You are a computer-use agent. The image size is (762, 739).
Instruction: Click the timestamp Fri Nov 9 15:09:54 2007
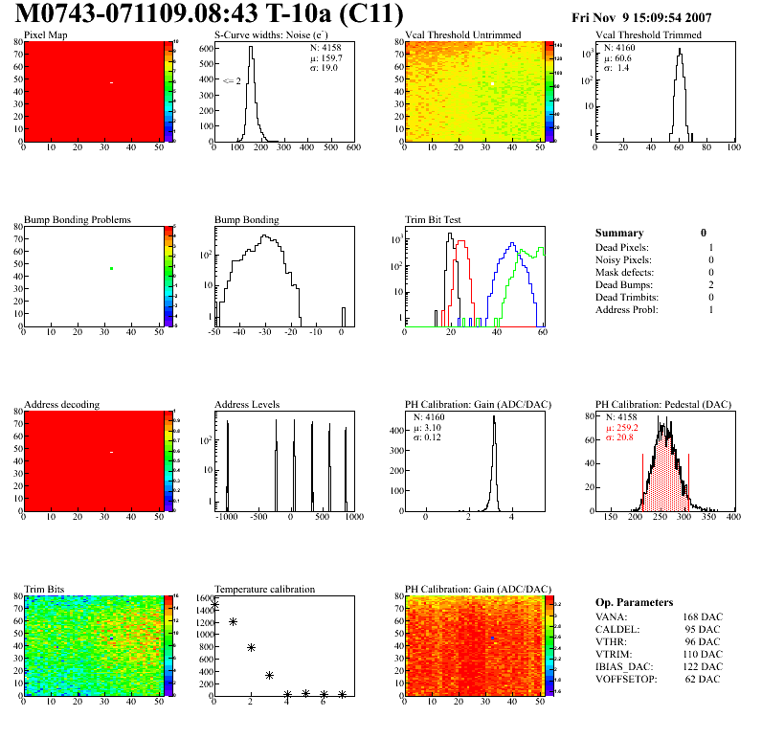point(640,17)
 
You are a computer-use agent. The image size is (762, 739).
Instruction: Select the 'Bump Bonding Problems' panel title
point(78,219)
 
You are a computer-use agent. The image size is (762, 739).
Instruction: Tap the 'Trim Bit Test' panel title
point(434,219)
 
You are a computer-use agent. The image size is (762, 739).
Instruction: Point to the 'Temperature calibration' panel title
point(264,589)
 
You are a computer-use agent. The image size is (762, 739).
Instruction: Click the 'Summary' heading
point(619,233)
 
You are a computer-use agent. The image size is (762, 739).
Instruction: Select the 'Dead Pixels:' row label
point(622,248)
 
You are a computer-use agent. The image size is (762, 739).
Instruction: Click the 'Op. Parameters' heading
point(634,602)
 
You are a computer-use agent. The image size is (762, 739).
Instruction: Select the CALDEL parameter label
point(616,629)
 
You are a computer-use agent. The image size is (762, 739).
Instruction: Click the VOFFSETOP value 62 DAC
point(705,679)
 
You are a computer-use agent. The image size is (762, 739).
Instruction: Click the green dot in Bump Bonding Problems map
point(112,269)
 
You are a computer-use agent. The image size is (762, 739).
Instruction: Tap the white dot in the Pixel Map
point(112,83)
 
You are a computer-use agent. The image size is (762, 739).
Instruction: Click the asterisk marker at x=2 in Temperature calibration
point(251,648)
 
